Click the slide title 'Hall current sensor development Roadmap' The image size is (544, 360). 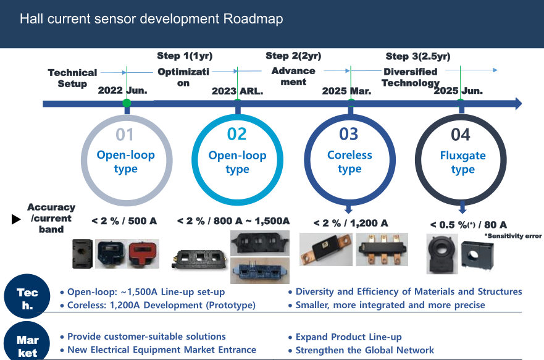pos(151,19)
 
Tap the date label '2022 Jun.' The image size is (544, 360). pos(123,91)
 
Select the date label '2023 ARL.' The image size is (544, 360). pos(237,91)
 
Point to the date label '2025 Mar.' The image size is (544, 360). pos(347,91)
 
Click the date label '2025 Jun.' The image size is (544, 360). pos(458,91)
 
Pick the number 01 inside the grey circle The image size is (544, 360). pos(125,134)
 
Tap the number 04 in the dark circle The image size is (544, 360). pos(461,134)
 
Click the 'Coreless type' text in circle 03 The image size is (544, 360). pos(349,162)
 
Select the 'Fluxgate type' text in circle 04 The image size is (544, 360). pos(462,162)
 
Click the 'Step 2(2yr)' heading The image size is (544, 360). pos(293,56)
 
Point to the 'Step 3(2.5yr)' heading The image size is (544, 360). pos(418,57)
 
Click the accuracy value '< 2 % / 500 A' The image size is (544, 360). pos(124,220)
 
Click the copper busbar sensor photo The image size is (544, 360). pos(326,250)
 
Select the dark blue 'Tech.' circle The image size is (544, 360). pos(28,298)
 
